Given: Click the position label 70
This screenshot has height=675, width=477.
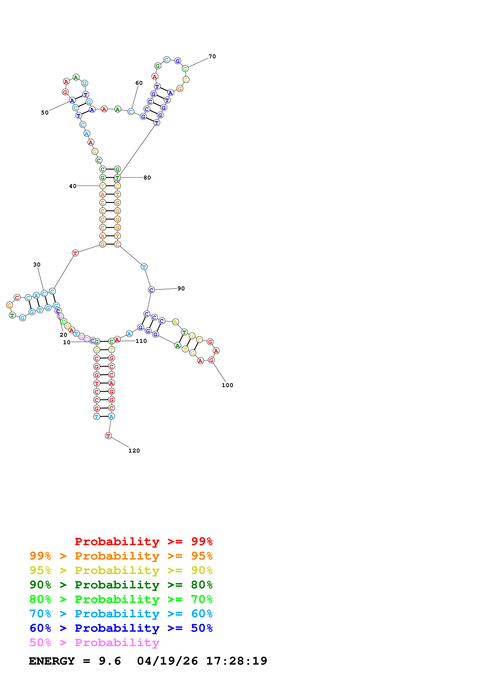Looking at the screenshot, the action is coord(212,56).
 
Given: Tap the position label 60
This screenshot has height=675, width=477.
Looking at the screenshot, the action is coord(139,83).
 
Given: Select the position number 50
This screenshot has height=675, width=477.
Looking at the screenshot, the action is coord(45,113).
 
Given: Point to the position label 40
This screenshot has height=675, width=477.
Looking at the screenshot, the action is coord(73,186).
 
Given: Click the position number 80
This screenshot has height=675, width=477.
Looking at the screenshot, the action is coord(147,178).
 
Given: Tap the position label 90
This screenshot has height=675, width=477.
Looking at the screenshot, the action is coord(181,289).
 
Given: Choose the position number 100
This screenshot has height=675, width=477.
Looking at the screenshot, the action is coord(227,385).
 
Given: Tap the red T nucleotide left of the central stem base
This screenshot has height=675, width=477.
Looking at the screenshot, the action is coord(75,253).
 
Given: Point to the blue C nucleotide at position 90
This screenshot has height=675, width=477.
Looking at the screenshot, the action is coord(151,290).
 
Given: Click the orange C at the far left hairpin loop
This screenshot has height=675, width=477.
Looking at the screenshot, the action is coord(9,305).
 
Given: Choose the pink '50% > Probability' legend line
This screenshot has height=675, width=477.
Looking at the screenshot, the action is coord(94,643).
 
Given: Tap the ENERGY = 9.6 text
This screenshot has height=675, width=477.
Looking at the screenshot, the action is coord(75,661).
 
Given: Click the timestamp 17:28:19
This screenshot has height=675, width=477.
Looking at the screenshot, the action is coord(237,661).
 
